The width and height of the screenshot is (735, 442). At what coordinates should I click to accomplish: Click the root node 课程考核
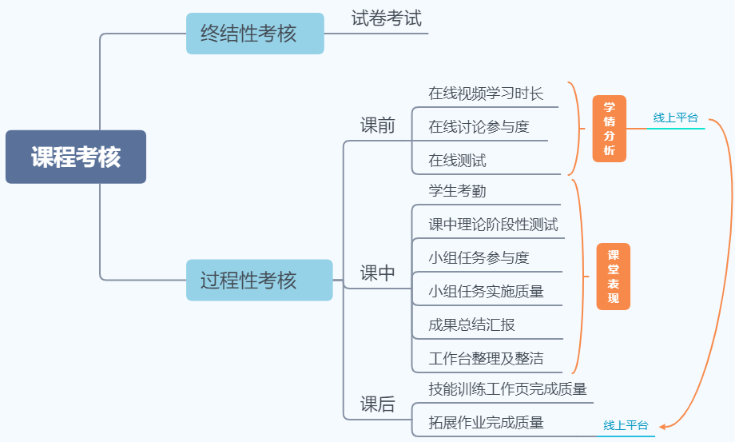pos(76,157)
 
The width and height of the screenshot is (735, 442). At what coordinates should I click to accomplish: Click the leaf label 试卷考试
pos(387,18)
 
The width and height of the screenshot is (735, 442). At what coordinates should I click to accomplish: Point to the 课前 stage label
pos(377,125)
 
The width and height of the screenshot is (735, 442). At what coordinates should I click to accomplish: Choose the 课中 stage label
pos(377,273)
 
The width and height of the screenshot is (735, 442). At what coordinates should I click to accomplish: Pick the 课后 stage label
pos(377,404)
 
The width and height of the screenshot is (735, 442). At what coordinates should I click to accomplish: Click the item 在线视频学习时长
pos(485,94)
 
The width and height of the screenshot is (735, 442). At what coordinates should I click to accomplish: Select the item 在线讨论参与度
pos(479,127)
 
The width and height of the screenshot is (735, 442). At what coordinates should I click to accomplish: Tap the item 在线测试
pos(457,161)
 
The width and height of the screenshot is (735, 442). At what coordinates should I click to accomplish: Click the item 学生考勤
pos(457,191)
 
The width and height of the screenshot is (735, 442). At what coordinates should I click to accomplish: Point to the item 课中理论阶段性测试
pos(493,225)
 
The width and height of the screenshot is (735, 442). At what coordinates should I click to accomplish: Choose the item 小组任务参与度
pos(479,257)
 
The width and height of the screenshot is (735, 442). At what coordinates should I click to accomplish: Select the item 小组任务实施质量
pos(486,292)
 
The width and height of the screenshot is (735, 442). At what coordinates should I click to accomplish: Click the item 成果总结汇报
pos(471,325)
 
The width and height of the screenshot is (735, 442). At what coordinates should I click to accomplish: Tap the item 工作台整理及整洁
pos(486,358)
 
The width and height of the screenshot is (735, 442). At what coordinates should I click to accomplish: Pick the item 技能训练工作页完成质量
pos(507,389)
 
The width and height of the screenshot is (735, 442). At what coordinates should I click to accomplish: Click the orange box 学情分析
pos(610,129)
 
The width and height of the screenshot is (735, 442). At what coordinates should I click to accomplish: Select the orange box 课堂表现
pos(613,277)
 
